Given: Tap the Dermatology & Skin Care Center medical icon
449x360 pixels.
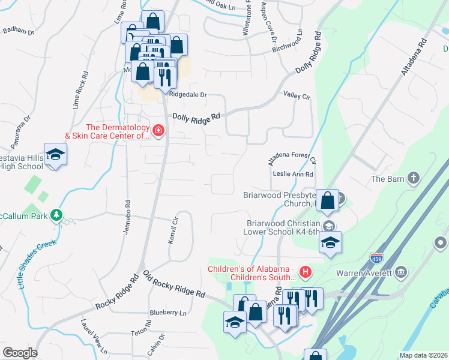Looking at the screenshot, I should [158, 131].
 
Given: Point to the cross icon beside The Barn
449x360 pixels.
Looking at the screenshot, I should [413, 178].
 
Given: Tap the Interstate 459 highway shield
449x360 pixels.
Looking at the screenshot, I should [376, 258].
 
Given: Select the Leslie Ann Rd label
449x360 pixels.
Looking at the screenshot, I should [294, 174].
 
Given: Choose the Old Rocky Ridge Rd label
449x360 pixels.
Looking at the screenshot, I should [174, 284].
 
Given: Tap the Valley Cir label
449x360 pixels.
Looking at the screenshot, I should [297, 95].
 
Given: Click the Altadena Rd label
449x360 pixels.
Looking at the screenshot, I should [414, 57].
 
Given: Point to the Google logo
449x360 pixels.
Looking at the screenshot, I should [20, 353].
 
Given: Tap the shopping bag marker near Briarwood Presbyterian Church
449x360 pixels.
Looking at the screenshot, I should [328, 200].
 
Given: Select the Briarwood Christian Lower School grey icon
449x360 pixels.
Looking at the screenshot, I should [328, 226].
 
